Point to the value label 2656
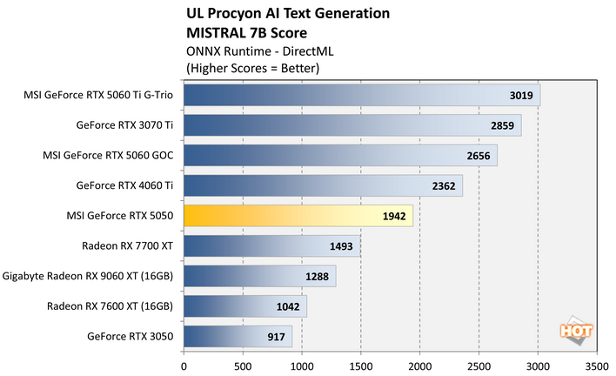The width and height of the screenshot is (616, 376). [479, 157]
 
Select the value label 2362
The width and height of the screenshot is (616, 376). [444, 186]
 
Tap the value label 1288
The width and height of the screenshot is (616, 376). [318, 277]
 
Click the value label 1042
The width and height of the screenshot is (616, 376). [288, 306]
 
